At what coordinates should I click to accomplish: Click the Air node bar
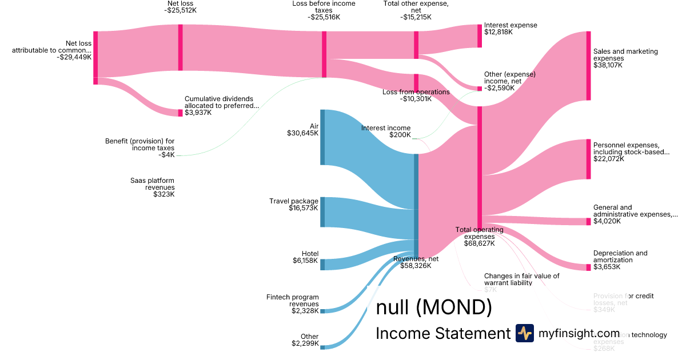coord(322,137)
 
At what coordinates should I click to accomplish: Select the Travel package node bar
coord(322,211)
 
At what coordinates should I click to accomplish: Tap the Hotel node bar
coord(322,264)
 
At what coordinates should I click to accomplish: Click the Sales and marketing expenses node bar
coord(588,66)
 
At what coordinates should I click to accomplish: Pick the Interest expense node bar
coord(480,36)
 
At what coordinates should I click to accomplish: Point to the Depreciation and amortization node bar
coord(588,267)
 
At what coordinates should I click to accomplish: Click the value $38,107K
coord(608,65)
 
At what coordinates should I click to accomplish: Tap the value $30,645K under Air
coord(302,133)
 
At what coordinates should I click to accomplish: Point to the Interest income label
coord(386,128)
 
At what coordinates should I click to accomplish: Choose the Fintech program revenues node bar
coord(322,311)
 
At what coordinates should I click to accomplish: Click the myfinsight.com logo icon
coord(525,333)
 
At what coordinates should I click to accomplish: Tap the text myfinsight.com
coord(579,333)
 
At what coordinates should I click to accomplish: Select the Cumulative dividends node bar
coord(181,113)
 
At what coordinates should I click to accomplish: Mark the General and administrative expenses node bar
coord(588,221)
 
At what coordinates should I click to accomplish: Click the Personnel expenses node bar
coord(588,159)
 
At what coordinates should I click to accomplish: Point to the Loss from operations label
coord(416,91)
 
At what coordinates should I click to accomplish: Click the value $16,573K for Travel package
coord(303,209)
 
